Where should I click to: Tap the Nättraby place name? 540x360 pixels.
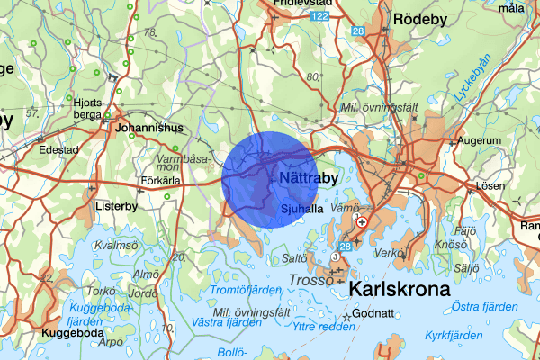click(309, 179)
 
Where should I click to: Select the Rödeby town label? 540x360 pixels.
click(420, 18)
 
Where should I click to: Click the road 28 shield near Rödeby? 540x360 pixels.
click(357, 31)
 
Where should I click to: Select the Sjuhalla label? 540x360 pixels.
click(301, 208)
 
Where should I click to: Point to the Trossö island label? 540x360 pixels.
click(312, 282)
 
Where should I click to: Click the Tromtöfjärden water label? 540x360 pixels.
click(241, 290)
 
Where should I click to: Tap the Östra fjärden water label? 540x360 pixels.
click(484, 308)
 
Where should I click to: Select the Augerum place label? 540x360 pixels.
click(478, 141)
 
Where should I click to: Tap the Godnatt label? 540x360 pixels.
click(375, 315)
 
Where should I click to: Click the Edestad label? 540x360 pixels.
click(58, 150)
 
